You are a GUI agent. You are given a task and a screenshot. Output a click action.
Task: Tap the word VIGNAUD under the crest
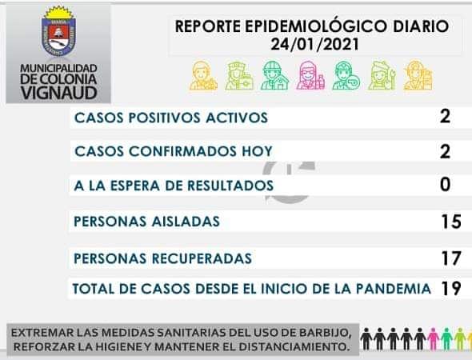coord(59,93)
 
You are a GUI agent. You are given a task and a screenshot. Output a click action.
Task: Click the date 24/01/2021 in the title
coord(315,45)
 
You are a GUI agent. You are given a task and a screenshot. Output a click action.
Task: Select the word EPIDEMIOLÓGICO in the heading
coord(315,26)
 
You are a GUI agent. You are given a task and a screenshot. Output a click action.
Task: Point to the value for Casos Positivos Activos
coord(445,117)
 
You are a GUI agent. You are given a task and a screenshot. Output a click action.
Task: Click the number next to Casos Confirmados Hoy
coord(445,151)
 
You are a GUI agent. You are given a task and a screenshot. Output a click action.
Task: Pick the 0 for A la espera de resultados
coord(446,184)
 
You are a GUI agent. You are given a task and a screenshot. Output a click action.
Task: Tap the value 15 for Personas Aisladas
coord(451,222)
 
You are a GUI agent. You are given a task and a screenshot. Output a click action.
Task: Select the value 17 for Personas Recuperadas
coord(451,258)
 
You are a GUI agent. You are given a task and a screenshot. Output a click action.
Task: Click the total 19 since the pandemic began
coord(451,288)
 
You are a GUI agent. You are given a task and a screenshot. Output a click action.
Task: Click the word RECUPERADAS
coord(202,258)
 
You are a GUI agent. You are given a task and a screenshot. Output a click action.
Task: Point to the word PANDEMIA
coord(394,289)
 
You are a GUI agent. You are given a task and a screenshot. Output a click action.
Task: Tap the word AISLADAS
coord(186,222)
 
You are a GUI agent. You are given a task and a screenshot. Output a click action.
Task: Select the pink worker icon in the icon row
coord(310,75)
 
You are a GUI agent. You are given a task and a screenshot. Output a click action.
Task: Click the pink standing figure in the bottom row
coord(433,339)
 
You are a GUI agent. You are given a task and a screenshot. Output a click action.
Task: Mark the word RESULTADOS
coord(230,186)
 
